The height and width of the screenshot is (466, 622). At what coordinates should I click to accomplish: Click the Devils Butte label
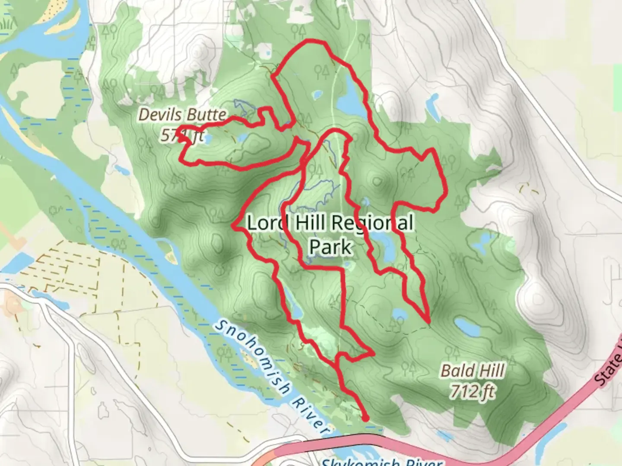coord(182,115)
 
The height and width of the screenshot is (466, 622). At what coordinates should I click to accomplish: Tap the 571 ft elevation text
coord(182,136)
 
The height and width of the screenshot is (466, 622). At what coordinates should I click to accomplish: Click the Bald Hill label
coord(472,371)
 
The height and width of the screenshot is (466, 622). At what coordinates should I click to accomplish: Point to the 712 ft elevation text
coord(472,392)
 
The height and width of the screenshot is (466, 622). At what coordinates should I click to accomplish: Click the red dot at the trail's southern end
coord(365,418)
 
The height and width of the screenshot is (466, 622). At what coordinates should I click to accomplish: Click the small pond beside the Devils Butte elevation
coord(206,139)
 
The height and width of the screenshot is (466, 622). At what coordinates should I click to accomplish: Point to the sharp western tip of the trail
coord(234,225)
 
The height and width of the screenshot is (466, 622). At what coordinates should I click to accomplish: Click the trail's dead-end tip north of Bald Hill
coord(428,321)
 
